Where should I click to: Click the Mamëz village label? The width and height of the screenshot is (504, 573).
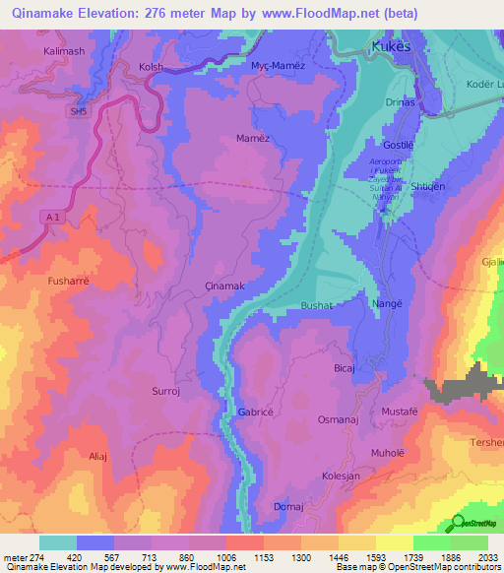pyautogui.click(x=253, y=139)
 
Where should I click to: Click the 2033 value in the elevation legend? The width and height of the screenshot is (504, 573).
pyautogui.click(x=484, y=557)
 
